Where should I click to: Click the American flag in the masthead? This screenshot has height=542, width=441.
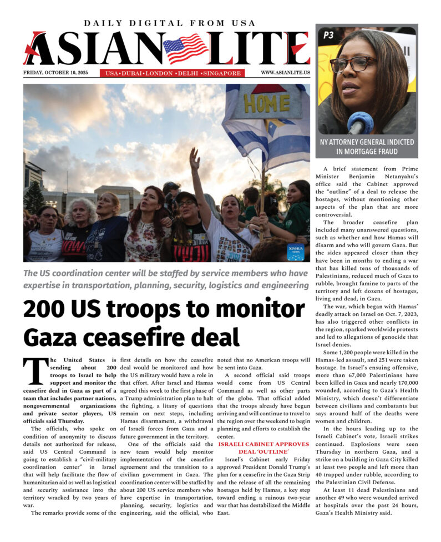point(185,48)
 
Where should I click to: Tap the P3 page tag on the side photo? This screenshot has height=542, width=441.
point(328,35)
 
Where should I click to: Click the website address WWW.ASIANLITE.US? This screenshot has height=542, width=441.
point(285,73)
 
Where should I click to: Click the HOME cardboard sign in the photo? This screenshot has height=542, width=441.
point(259,103)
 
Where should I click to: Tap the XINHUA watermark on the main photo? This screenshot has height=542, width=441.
point(295,252)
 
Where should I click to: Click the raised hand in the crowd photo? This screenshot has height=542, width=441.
point(194,159)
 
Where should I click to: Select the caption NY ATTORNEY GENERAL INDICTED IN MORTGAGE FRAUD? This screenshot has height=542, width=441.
point(367,146)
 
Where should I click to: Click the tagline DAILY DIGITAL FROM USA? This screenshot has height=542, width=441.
point(169,23)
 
